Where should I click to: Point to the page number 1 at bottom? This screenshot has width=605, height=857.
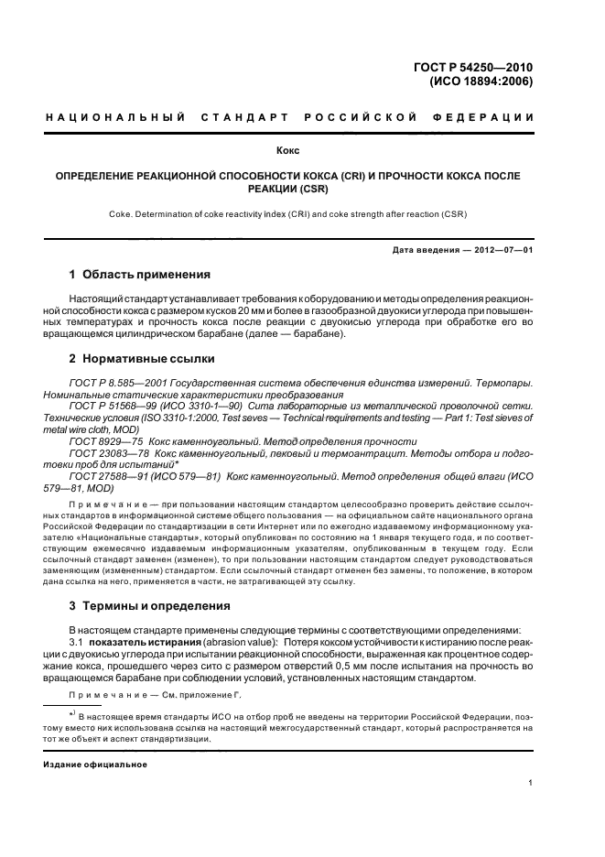531,782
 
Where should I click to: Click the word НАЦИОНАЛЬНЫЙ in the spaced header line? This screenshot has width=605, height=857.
116,117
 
